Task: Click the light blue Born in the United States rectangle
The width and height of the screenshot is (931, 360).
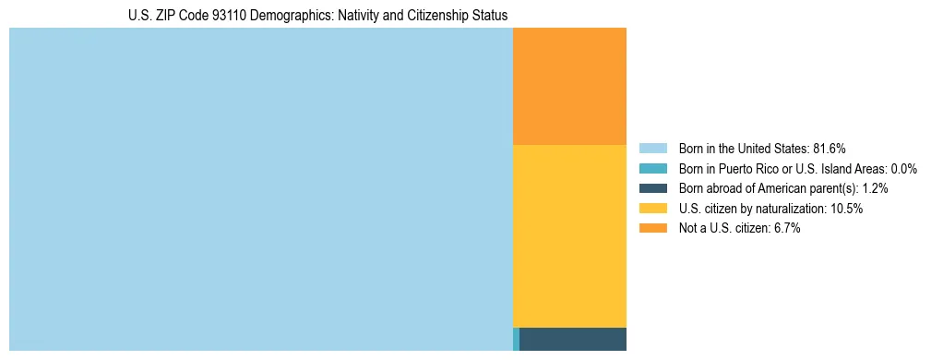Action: pyautogui.click(x=260, y=189)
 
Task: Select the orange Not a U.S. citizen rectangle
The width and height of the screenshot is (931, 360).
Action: pyautogui.click(x=569, y=86)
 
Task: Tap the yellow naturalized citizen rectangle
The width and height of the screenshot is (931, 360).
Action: pyautogui.click(x=569, y=236)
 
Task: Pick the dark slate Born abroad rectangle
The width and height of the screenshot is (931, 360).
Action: pyautogui.click(x=573, y=339)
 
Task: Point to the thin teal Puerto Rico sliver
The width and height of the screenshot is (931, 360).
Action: pyautogui.click(x=516, y=339)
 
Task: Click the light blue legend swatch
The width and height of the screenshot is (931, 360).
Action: pyautogui.click(x=652, y=148)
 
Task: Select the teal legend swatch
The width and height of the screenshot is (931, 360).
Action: pyautogui.click(x=652, y=168)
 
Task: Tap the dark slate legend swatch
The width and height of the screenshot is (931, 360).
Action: pyautogui.click(x=652, y=188)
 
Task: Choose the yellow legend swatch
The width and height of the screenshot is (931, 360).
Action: pyautogui.click(x=652, y=209)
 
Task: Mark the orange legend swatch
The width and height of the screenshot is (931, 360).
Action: pyautogui.click(x=652, y=229)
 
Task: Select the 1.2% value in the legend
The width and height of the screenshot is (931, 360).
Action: pyautogui.click(x=875, y=188)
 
